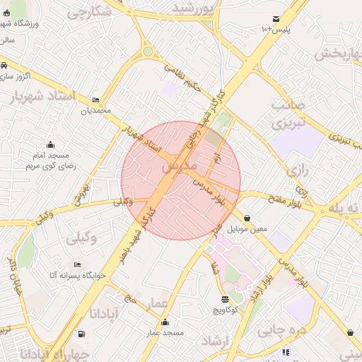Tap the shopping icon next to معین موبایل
247,218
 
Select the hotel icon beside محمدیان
95,100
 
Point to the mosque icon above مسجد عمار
165,322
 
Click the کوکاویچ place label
225,310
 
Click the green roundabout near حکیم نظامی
147,51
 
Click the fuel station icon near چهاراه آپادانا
83,334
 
